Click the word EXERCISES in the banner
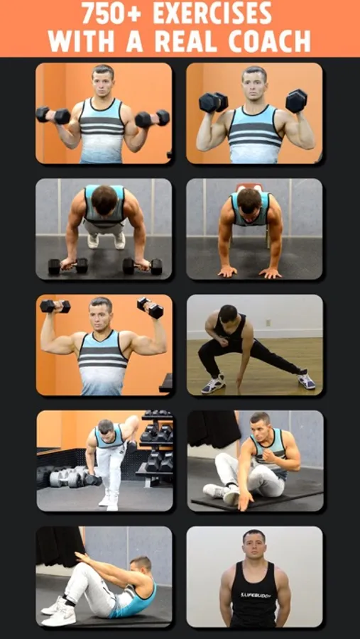coord(212,14)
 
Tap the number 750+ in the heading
coord(111,14)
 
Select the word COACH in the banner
coord(270,41)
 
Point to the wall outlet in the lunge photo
coord(268,323)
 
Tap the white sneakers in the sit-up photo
coord(59,611)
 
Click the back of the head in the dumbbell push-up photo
coord(105,200)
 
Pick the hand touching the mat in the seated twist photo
coord(245,501)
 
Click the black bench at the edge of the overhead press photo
coord(165,383)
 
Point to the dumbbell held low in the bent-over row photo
coord(93,480)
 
